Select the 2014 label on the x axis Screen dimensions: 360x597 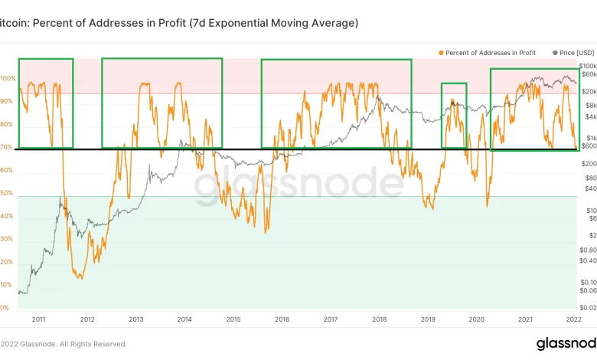click(184, 319)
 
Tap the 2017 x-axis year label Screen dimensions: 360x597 click(331, 319)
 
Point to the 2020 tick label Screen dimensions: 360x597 click(477, 319)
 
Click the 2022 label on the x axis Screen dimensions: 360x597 click(574, 319)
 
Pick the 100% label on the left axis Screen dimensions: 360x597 click(8, 79)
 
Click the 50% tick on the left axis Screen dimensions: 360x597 click(6, 193)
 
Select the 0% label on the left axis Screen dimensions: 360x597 click(5, 308)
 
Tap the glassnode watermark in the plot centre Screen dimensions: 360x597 click(298, 185)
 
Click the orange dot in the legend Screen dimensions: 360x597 click(442, 52)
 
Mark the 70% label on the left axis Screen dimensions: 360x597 click(6, 147)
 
